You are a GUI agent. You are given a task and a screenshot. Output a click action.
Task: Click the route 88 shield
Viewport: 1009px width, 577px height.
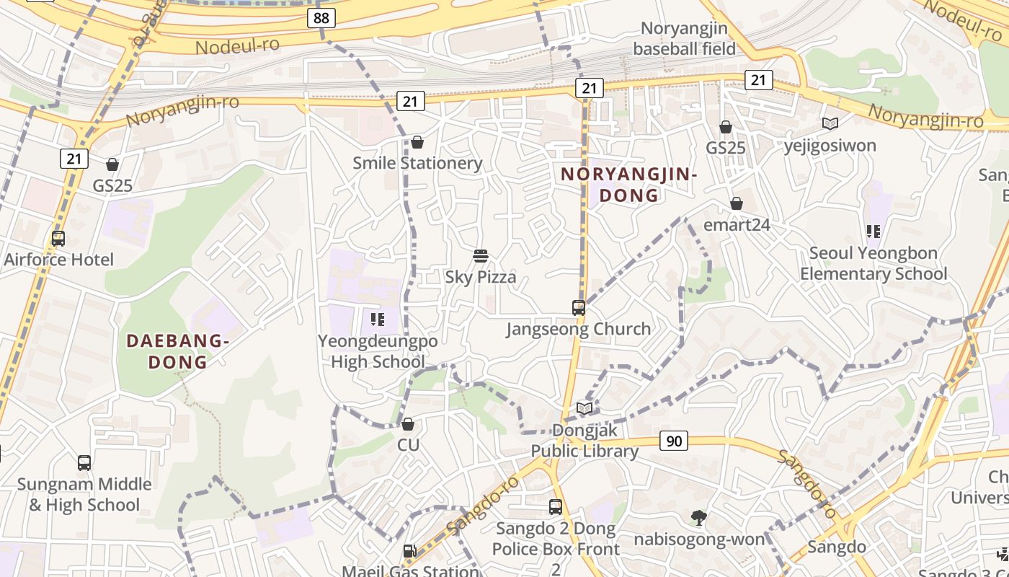click(321, 18)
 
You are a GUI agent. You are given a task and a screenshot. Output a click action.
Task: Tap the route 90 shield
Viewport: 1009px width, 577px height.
click(673, 441)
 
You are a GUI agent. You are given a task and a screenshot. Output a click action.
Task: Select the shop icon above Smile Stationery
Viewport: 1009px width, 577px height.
click(417, 142)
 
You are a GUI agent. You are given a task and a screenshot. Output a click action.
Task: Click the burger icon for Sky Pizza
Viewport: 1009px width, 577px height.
click(481, 256)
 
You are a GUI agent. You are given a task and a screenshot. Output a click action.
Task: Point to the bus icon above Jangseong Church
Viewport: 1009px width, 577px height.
click(578, 308)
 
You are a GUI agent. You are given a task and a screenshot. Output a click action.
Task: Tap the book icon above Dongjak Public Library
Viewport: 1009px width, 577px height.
click(584, 409)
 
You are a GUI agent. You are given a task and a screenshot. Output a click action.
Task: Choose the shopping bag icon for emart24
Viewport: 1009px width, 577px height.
click(736, 204)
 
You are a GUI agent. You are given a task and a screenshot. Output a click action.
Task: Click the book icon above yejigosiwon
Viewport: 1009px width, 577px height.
click(830, 124)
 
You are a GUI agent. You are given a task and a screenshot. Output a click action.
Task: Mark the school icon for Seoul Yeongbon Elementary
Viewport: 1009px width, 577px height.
click(874, 232)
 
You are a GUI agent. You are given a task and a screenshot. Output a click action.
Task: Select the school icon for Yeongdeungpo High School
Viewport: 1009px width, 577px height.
click(377, 319)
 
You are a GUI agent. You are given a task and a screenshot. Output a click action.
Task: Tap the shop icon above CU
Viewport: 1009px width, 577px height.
click(408, 424)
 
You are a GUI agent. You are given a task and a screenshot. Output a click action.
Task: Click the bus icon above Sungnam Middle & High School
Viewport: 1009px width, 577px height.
click(84, 463)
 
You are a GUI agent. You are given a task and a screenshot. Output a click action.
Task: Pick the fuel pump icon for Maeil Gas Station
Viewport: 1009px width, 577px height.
click(409, 552)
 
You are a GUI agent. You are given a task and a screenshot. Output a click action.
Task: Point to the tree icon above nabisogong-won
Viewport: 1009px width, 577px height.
click(698, 517)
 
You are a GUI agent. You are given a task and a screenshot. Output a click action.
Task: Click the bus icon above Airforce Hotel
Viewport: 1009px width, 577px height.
click(58, 238)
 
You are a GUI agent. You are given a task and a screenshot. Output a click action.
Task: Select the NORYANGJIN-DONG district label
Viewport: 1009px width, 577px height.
click(629, 185)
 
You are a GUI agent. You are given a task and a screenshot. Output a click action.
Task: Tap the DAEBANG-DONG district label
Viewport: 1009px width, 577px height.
click(177, 351)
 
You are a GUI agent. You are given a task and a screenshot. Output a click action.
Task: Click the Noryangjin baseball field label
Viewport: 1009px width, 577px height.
click(684, 39)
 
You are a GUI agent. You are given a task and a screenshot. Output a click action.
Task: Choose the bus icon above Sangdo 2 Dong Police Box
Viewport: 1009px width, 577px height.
click(555, 507)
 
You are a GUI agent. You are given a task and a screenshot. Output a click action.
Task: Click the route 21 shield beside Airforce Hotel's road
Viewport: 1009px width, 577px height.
click(74, 158)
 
